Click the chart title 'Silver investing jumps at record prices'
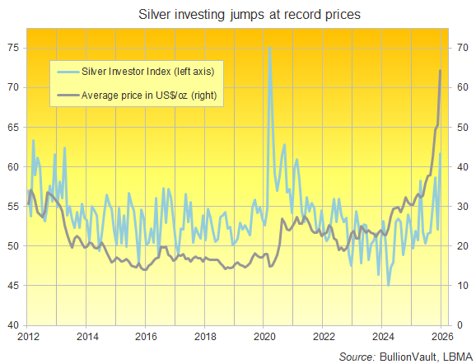tap(238, 15)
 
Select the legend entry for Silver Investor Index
tap(146, 72)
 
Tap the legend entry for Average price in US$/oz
tap(146, 96)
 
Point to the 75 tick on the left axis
tap(13, 48)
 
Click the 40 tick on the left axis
tap(13, 324)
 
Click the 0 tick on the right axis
tap(455, 324)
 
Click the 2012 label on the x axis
tap(28, 337)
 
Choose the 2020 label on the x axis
tap(264, 337)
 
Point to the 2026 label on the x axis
tap(441, 337)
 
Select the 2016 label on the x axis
tap(146, 337)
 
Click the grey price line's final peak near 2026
tap(440, 71)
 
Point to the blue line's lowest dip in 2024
tap(388, 285)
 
